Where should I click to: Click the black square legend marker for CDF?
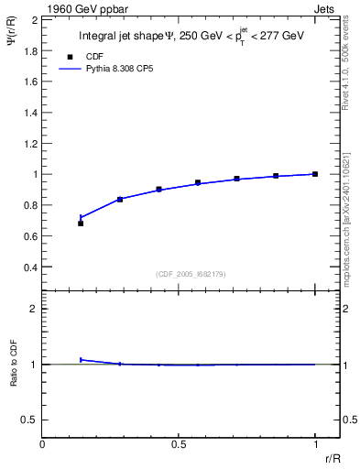pyautogui.click(x=65, y=57)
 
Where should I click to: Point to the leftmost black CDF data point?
pyautogui.click(x=81, y=224)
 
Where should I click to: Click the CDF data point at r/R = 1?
pyautogui.click(x=315, y=174)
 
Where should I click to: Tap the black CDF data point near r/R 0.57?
pyautogui.click(x=198, y=182)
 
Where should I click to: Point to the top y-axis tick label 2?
pyautogui.click(x=34, y=18)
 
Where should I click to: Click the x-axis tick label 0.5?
pyautogui.click(x=179, y=444)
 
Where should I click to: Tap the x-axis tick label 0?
pyautogui.click(x=43, y=444)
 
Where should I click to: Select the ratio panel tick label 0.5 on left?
pyautogui.click(x=28, y=420)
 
